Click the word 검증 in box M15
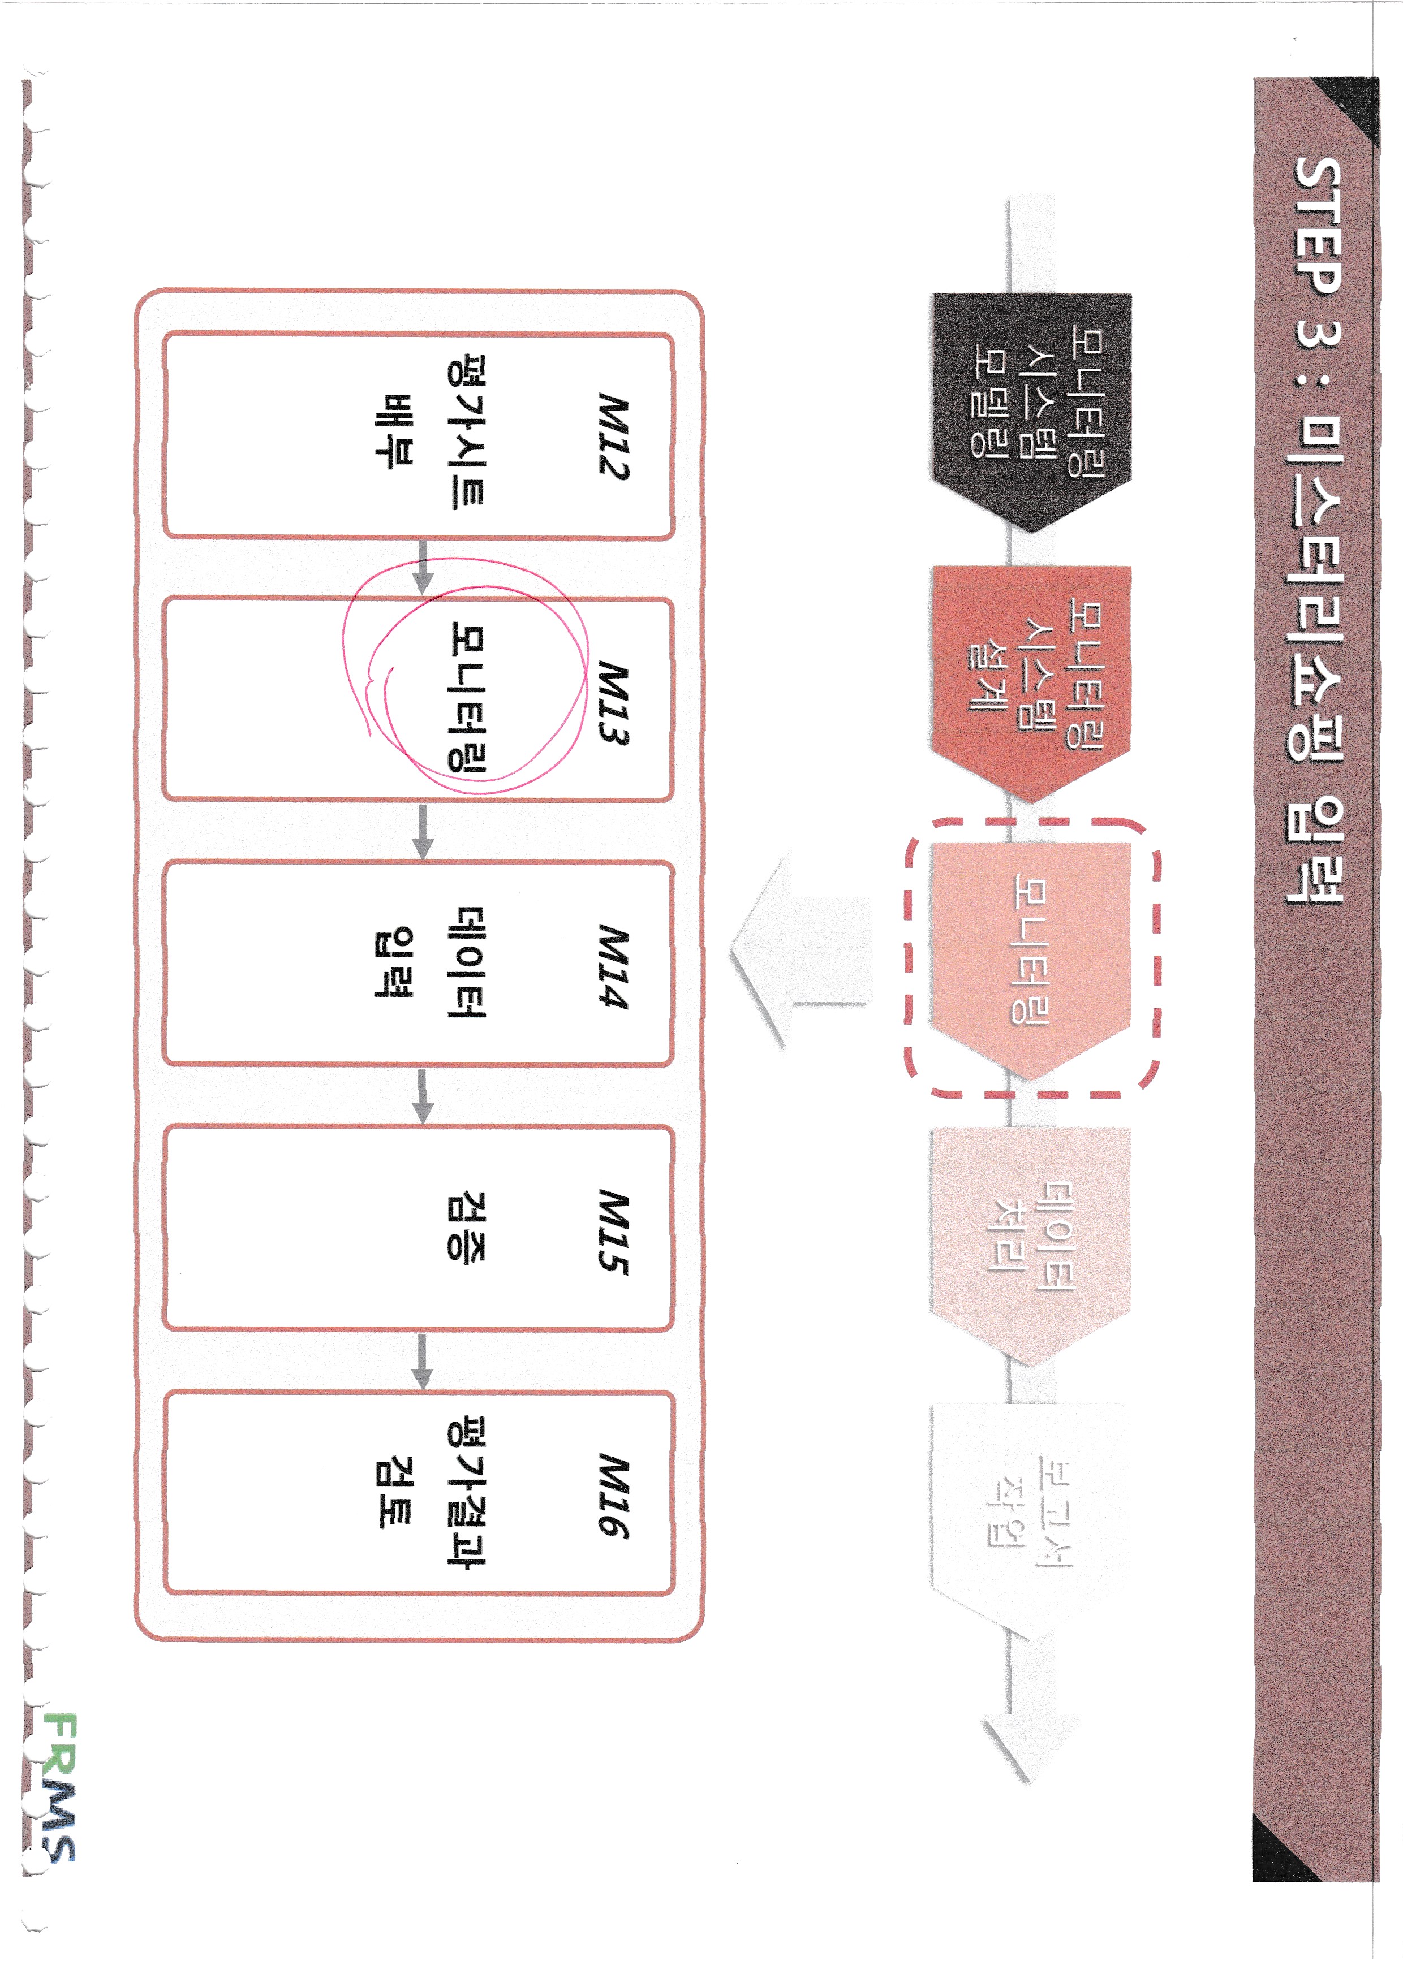coord(467,1226)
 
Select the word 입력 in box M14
coord(394,962)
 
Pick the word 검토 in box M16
coord(394,1492)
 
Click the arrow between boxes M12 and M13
coord(423,567)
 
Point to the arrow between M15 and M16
coord(423,1361)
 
